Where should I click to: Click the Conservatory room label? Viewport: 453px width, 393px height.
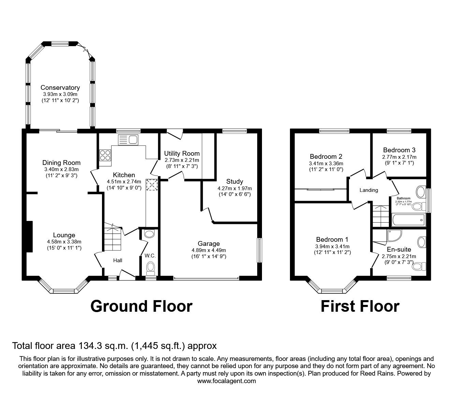tap(60, 88)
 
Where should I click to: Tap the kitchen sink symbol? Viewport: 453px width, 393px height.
tap(128, 139)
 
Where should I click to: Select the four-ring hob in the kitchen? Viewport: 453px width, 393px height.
tap(105, 155)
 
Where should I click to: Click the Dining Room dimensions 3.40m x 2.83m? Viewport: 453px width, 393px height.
tap(61, 169)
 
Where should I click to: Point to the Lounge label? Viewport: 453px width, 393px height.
tap(64, 235)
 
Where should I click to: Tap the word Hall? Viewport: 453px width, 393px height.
tap(118, 261)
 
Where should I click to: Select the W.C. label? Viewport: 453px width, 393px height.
tap(150, 256)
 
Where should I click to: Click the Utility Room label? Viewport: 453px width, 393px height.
tap(182, 153)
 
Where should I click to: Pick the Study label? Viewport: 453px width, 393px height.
tap(235, 181)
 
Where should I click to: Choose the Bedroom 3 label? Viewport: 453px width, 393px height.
tap(399, 150)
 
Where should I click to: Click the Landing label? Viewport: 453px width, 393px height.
tap(369, 190)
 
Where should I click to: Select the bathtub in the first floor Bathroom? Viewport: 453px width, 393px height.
tap(409, 220)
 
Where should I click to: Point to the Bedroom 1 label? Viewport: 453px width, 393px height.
tap(332, 239)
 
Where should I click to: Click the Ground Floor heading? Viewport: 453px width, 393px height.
tap(141, 306)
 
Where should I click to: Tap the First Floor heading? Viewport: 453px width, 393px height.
tap(360, 306)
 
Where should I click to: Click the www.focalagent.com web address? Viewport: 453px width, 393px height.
tap(227, 381)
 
